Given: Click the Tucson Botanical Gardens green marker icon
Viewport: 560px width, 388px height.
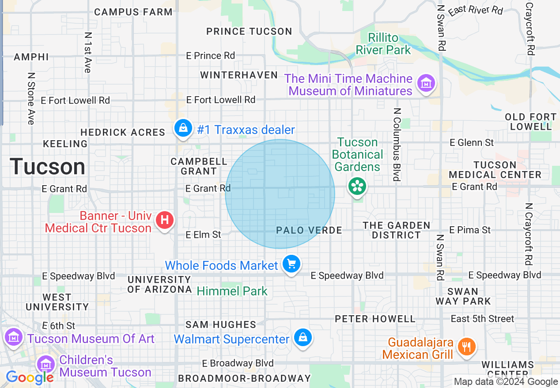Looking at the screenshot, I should click(x=357, y=186).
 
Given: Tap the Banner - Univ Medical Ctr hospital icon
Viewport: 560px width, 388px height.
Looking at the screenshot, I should click(x=165, y=219).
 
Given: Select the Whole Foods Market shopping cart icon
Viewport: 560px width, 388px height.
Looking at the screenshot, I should click(x=291, y=264).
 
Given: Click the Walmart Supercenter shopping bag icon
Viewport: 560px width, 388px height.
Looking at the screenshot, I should click(x=303, y=338).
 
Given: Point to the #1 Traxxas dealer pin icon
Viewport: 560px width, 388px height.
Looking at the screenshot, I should click(x=183, y=128).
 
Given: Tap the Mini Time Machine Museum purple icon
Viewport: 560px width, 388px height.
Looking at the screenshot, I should click(x=426, y=83).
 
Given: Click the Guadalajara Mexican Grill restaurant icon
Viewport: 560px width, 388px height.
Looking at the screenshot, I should click(x=465, y=347).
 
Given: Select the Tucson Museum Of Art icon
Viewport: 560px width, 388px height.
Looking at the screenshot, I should click(x=14, y=337).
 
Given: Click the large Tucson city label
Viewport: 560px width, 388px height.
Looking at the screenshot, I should click(x=48, y=167).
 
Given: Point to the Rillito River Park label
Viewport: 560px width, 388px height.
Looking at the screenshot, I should click(x=383, y=44).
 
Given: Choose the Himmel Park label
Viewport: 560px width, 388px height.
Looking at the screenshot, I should click(x=232, y=291).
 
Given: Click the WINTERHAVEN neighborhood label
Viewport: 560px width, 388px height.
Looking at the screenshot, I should click(x=239, y=75).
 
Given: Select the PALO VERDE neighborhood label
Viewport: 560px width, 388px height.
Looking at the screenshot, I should click(x=309, y=231).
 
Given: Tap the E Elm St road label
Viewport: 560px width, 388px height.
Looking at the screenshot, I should click(x=204, y=235).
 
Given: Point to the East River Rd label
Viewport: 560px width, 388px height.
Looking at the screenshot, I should click(x=476, y=9).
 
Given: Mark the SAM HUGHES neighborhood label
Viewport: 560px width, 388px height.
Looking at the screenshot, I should click(x=221, y=325).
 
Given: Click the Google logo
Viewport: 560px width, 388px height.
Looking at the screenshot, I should click(x=30, y=377).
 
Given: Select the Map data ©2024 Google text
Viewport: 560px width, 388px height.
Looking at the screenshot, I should click(x=506, y=382).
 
